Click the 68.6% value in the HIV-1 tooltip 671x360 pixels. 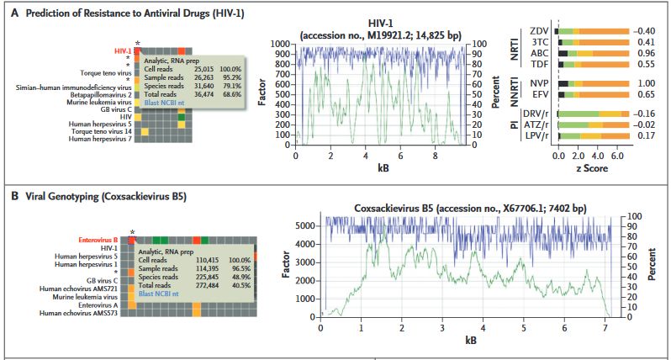[230, 94]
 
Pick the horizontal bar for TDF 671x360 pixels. [594, 63]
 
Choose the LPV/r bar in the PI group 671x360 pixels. [594, 135]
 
